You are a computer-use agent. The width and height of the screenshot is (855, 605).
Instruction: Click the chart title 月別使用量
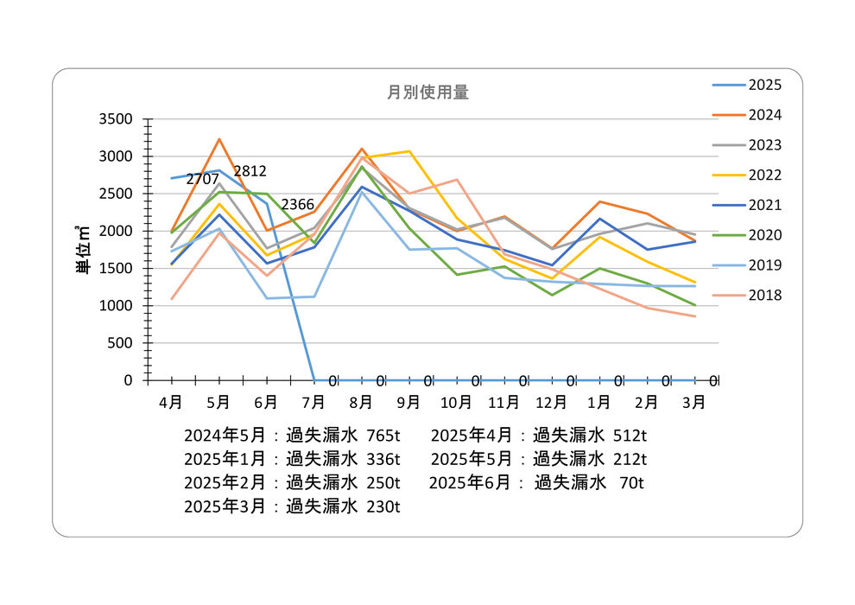(x=428, y=92)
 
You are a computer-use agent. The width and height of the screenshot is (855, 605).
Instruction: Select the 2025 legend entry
(x=764, y=85)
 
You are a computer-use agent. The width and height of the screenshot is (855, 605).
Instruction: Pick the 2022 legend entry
(x=764, y=175)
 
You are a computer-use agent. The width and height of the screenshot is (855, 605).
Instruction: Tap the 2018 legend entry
(x=764, y=296)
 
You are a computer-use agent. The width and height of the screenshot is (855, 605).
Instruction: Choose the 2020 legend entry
(x=764, y=235)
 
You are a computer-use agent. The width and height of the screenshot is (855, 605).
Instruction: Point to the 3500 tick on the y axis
(x=116, y=119)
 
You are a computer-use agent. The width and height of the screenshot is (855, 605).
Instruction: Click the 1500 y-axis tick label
(x=116, y=269)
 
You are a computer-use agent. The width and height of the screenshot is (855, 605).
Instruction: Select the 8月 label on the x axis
(x=361, y=402)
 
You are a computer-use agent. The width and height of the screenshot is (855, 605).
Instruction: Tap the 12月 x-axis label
(x=551, y=402)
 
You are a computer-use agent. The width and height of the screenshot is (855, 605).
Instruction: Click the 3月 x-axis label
(x=693, y=402)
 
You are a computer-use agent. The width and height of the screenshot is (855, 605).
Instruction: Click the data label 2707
(x=202, y=179)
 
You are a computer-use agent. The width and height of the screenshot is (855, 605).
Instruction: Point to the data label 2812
(x=250, y=171)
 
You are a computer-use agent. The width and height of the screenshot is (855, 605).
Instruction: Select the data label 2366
(x=297, y=204)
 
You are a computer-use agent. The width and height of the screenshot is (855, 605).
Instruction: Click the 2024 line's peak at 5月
(x=219, y=139)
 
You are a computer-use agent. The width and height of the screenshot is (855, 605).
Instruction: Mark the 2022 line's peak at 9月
(x=409, y=151)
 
